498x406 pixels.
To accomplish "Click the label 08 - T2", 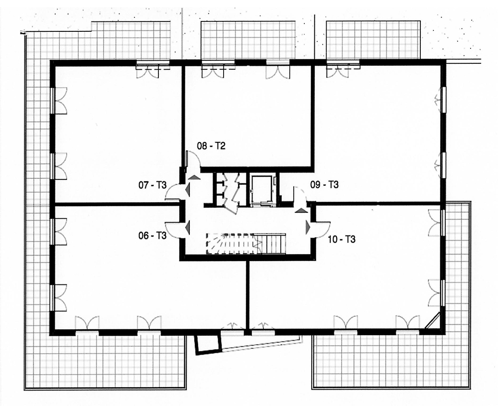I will (211, 146).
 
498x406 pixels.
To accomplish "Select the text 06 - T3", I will (152, 236).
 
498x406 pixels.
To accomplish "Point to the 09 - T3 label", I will (325, 185).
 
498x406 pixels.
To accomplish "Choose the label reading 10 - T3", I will (342, 240).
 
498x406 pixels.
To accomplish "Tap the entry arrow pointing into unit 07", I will (188, 190).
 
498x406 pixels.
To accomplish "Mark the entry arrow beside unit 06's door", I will (188, 228).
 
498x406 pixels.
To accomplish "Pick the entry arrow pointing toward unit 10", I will (308, 227).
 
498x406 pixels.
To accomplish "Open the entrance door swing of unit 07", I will (173, 192).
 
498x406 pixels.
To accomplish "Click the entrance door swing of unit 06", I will (173, 229).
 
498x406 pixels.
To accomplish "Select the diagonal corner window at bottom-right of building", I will (433, 321).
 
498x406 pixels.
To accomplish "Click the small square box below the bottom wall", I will (207, 344).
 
